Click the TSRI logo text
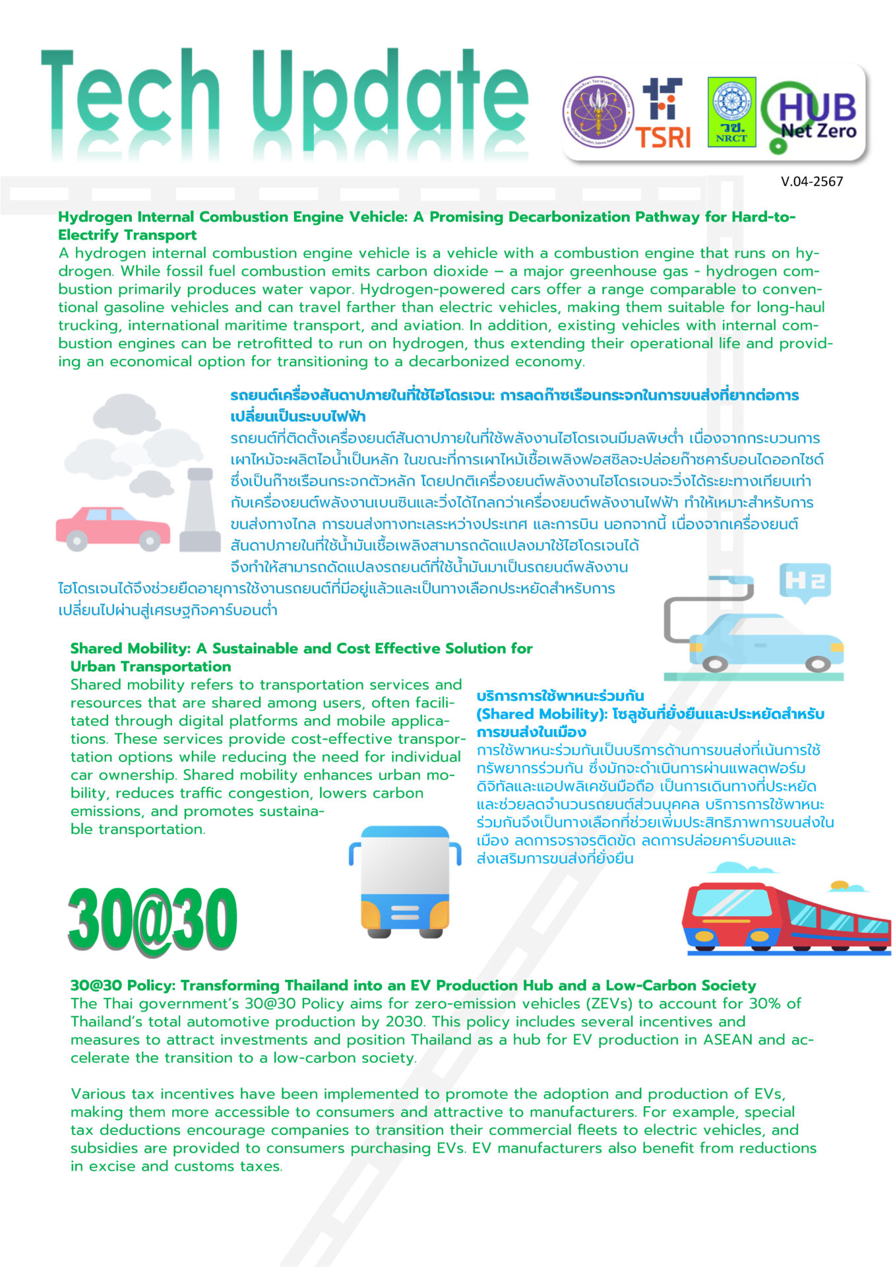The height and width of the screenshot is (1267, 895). click(662, 137)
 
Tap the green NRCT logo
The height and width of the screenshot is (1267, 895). click(731, 112)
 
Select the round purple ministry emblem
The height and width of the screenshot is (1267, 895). click(598, 112)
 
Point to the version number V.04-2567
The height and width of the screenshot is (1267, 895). click(811, 181)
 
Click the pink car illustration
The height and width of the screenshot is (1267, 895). click(112, 529)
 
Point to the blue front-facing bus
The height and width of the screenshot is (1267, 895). click(405, 880)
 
